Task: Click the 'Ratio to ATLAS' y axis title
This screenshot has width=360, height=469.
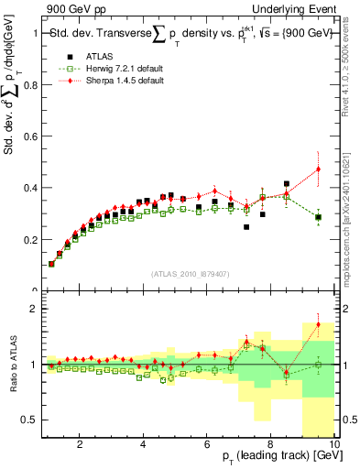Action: click(12, 366)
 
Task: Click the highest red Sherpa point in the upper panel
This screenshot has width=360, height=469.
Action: click(319, 169)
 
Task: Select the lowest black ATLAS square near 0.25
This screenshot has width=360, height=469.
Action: click(246, 227)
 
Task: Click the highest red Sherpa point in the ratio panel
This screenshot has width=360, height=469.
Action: click(319, 324)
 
